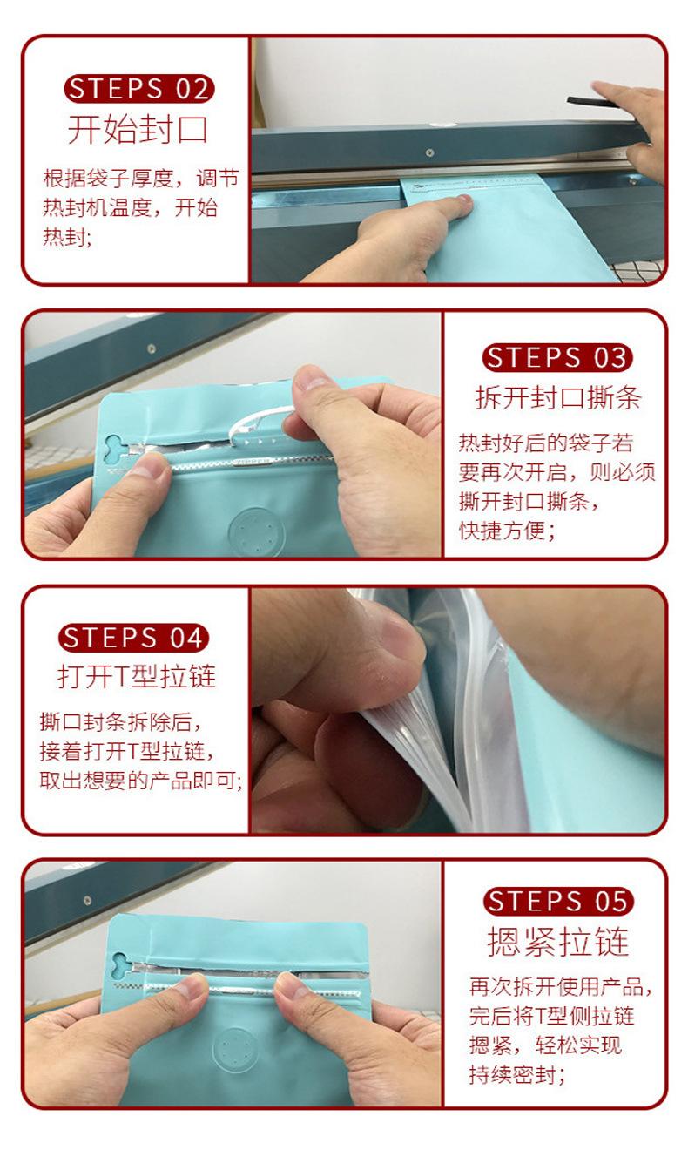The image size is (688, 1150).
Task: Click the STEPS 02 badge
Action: coord(138,88)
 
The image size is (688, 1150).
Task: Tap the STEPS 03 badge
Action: coord(556,357)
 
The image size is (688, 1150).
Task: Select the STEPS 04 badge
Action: coord(133,638)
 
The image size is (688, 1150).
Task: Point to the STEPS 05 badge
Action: coord(557,901)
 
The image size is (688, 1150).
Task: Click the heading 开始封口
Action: coord(138,129)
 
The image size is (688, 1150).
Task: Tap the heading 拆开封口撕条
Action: coord(558,398)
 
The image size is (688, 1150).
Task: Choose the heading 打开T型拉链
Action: coord(137,676)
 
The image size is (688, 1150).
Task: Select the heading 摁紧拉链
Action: coord(558,942)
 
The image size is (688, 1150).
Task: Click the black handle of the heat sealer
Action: coord(590,102)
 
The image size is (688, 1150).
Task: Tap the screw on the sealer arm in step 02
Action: coord(430,152)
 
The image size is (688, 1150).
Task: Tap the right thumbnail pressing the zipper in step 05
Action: coord(291,985)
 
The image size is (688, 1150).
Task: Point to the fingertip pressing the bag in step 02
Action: coord(461,202)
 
